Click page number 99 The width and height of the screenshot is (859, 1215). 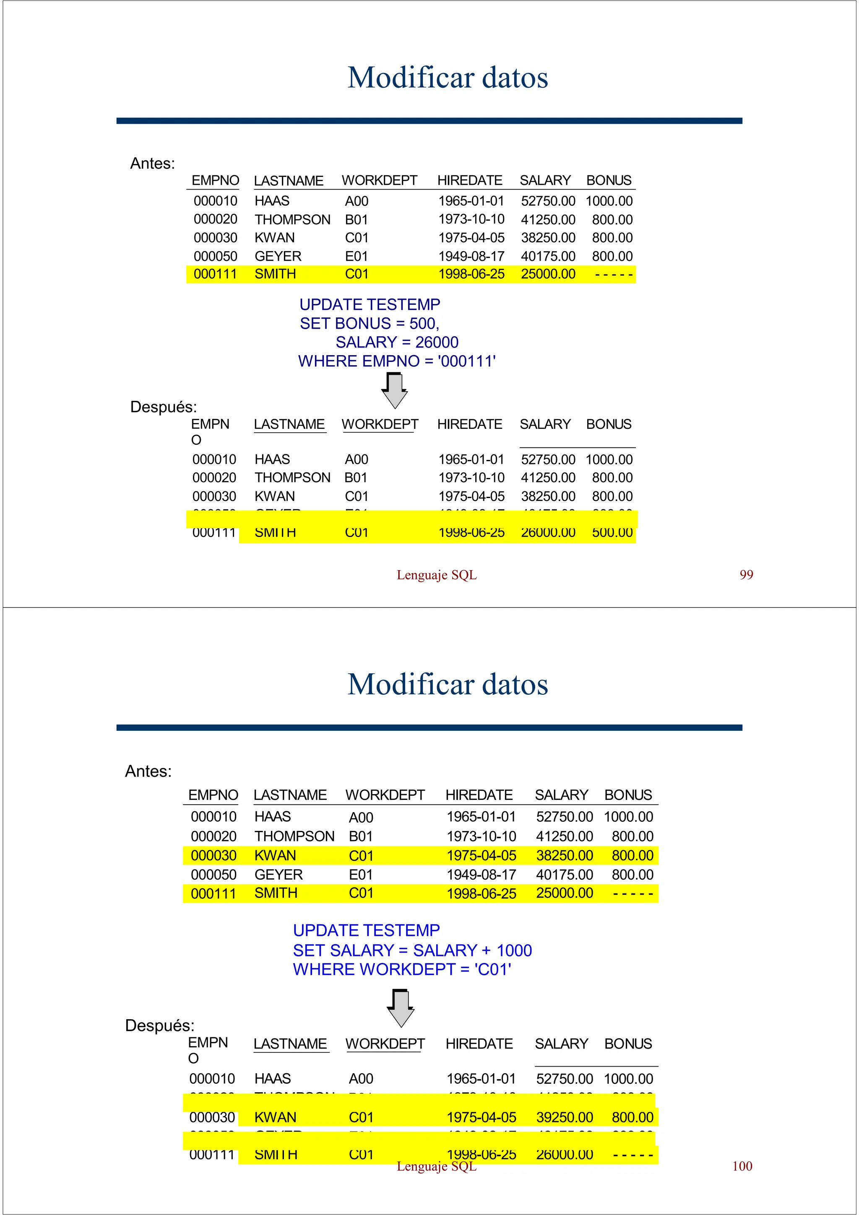[x=746, y=575]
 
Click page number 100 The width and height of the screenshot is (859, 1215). [x=742, y=1166]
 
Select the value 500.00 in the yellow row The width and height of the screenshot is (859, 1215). [x=612, y=532]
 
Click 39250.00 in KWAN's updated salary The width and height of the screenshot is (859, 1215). [x=564, y=1117]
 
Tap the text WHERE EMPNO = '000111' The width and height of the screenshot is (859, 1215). [x=396, y=361]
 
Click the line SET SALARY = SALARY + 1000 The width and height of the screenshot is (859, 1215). [x=412, y=950]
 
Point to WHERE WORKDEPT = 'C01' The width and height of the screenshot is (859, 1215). [x=402, y=969]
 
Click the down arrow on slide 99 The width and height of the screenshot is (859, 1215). [x=394, y=391]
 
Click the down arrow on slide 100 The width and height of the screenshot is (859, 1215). [x=401, y=1008]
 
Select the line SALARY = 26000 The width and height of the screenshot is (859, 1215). [x=397, y=343]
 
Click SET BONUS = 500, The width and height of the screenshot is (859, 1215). [x=370, y=323]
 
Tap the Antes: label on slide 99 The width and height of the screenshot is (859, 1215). [x=152, y=164]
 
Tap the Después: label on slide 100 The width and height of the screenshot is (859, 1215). [x=159, y=1025]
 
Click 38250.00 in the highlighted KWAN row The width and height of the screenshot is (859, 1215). [x=564, y=855]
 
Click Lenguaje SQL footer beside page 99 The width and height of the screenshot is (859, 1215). [x=437, y=575]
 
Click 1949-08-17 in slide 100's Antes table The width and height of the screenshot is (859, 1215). [x=481, y=875]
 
